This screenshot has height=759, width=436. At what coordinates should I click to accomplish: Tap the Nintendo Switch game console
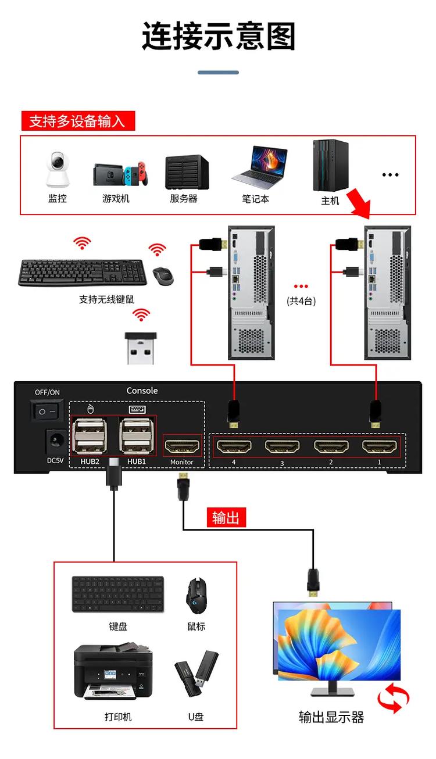120,174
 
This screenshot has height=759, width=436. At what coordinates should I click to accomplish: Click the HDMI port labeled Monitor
182,447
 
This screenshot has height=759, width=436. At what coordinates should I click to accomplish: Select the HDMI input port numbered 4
234,447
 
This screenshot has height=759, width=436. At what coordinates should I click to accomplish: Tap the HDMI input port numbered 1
380,447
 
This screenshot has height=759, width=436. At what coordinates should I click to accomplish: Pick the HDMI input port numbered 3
283,447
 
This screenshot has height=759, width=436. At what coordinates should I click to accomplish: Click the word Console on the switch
142,391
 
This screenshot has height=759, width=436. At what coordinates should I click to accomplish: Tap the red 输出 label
226,517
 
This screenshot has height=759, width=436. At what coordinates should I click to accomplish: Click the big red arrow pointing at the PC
359,204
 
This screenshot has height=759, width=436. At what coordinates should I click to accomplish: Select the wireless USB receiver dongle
141,347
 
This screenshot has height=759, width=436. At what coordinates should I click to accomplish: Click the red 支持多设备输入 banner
77,121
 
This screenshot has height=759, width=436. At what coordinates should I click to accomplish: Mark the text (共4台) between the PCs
301,301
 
